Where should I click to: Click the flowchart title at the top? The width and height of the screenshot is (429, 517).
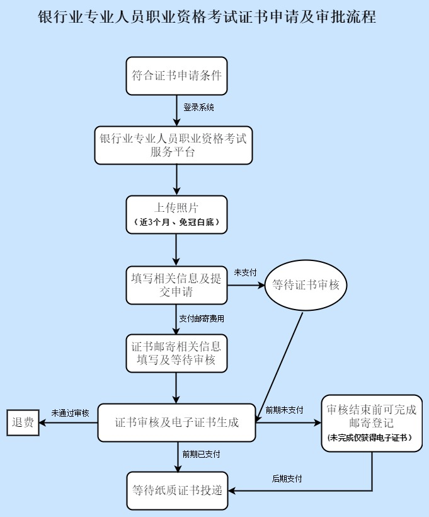pyautogui.click(x=207, y=17)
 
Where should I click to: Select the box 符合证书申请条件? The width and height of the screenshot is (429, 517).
pyautogui.click(x=176, y=76)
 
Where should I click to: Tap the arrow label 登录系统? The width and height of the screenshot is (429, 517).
pyautogui.click(x=198, y=108)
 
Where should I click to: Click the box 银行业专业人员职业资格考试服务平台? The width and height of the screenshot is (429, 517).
pyautogui.click(x=173, y=145)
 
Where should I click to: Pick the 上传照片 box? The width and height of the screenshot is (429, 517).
pyautogui.click(x=176, y=207)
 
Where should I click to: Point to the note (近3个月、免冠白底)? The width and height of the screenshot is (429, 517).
pyautogui.click(x=176, y=223)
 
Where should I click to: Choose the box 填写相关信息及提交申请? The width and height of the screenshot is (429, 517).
pyautogui.click(x=176, y=285)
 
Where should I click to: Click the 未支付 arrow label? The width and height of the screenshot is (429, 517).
pyautogui.click(x=245, y=272)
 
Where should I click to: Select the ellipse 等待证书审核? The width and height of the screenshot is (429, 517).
pyautogui.click(x=306, y=285)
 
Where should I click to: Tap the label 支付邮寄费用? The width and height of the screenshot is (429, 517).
pyautogui.click(x=202, y=319)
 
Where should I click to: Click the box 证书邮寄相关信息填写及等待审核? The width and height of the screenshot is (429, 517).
pyautogui.click(x=176, y=353)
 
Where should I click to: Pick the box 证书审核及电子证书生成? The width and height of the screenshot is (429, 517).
pyautogui.click(x=177, y=422)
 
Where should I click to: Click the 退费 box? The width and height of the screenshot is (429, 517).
pyautogui.click(x=23, y=422)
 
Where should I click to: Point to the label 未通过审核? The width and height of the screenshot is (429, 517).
pyautogui.click(x=70, y=413)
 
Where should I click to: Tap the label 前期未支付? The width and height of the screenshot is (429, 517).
pyautogui.click(x=284, y=410)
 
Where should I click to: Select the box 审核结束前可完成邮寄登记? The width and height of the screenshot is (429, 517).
pyautogui.click(x=372, y=416)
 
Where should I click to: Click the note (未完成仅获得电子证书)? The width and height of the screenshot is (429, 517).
pyautogui.click(x=372, y=438)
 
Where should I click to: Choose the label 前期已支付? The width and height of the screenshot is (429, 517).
pyautogui.click(x=201, y=454)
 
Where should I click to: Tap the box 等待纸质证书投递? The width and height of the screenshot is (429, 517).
pyautogui.click(x=177, y=491)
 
